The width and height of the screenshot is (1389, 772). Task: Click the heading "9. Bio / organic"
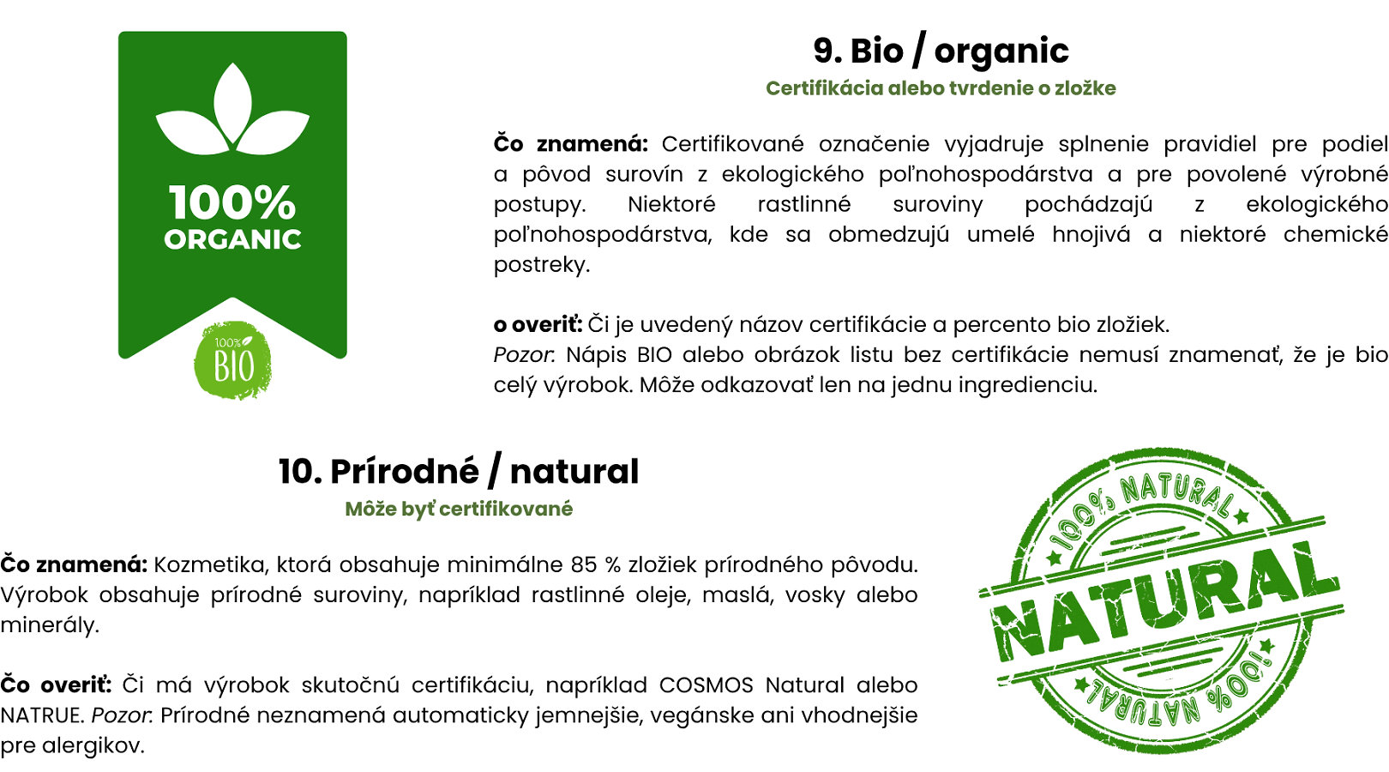[941, 51]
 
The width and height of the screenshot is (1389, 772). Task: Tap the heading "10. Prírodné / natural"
[458, 471]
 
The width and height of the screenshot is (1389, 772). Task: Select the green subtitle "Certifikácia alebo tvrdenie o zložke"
[941, 88]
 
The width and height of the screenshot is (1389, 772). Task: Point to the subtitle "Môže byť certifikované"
[458, 509]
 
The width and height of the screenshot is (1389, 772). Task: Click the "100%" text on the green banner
[232, 202]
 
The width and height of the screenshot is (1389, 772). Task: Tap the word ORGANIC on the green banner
[232, 239]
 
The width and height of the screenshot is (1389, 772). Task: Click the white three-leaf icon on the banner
[232, 109]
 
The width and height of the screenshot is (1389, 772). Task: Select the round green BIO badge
[232, 360]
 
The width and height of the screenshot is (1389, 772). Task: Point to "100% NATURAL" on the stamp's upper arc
[1141, 506]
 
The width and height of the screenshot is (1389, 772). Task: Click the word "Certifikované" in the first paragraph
[732, 144]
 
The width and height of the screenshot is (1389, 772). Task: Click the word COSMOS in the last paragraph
[706, 685]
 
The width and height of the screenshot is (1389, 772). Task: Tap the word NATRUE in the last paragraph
[41, 715]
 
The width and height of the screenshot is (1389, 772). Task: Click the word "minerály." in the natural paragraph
[50, 625]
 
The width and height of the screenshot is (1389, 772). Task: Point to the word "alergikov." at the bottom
[93, 745]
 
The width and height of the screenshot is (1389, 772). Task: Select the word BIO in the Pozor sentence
[654, 355]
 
